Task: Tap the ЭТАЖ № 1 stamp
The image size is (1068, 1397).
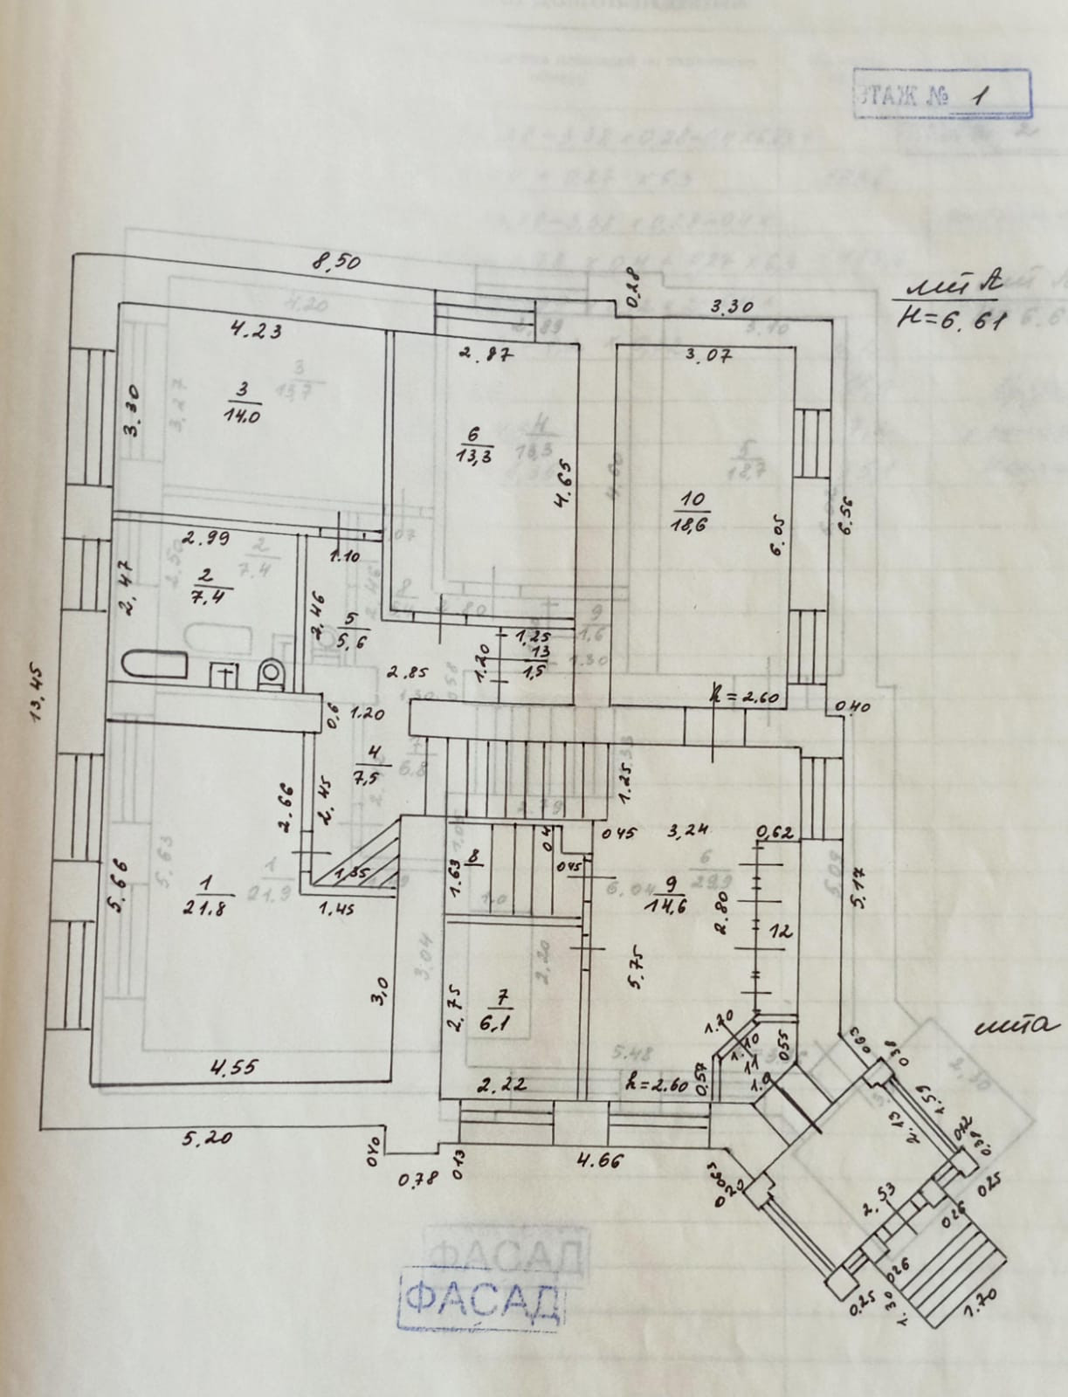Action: click(941, 93)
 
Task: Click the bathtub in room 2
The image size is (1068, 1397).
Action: click(155, 668)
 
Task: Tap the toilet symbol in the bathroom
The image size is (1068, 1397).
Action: click(272, 675)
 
